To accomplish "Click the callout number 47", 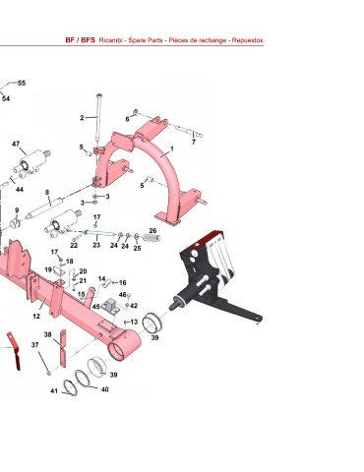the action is pyautogui.click(x=16, y=144).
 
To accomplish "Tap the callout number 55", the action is pyautogui.click(x=22, y=83).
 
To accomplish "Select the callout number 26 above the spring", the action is pyautogui.click(x=152, y=231).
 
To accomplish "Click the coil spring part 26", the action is pyautogui.click(x=152, y=238).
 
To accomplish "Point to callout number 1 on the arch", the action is pyautogui.click(x=171, y=148).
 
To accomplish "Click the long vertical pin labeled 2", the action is pyautogui.click(x=98, y=122).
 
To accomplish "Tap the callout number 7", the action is pyautogui.click(x=194, y=143).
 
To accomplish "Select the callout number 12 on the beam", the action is pyautogui.click(x=36, y=317).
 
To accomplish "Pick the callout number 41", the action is pyautogui.click(x=54, y=390).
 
